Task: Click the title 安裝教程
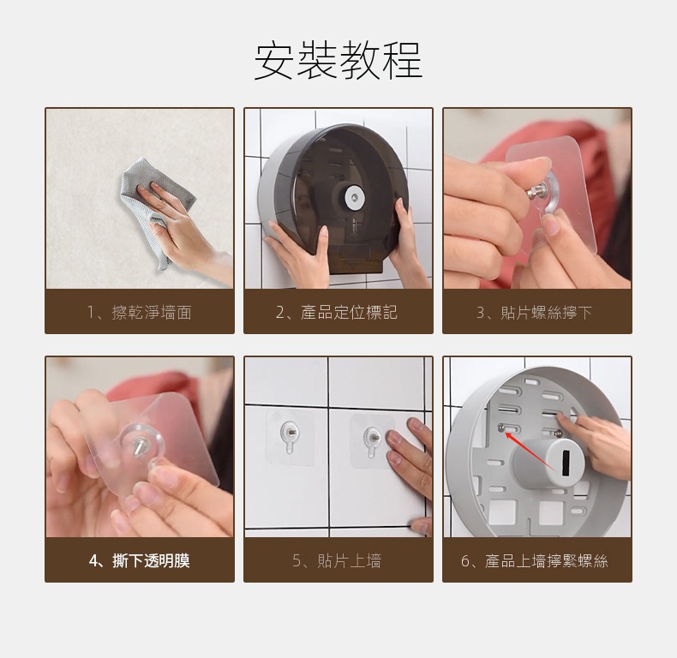[338, 60]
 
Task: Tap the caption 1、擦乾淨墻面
[140, 312]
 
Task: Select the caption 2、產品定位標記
[337, 312]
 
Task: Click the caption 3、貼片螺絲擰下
[534, 312]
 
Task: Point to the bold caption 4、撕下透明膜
[140, 561]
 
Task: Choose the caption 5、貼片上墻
[337, 561]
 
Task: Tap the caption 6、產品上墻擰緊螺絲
[535, 561]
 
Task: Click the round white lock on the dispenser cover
[355, 198]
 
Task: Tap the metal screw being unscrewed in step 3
[536, 190]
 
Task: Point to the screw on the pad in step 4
[139, 447]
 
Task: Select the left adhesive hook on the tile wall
[289, 437]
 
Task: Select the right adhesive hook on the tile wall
[371, 440]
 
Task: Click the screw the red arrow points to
[501, 428]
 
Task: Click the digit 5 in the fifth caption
[297, 561]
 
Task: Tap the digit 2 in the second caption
[280, 313]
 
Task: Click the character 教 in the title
[360, 60]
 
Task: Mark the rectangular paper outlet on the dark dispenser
[355, 253]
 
